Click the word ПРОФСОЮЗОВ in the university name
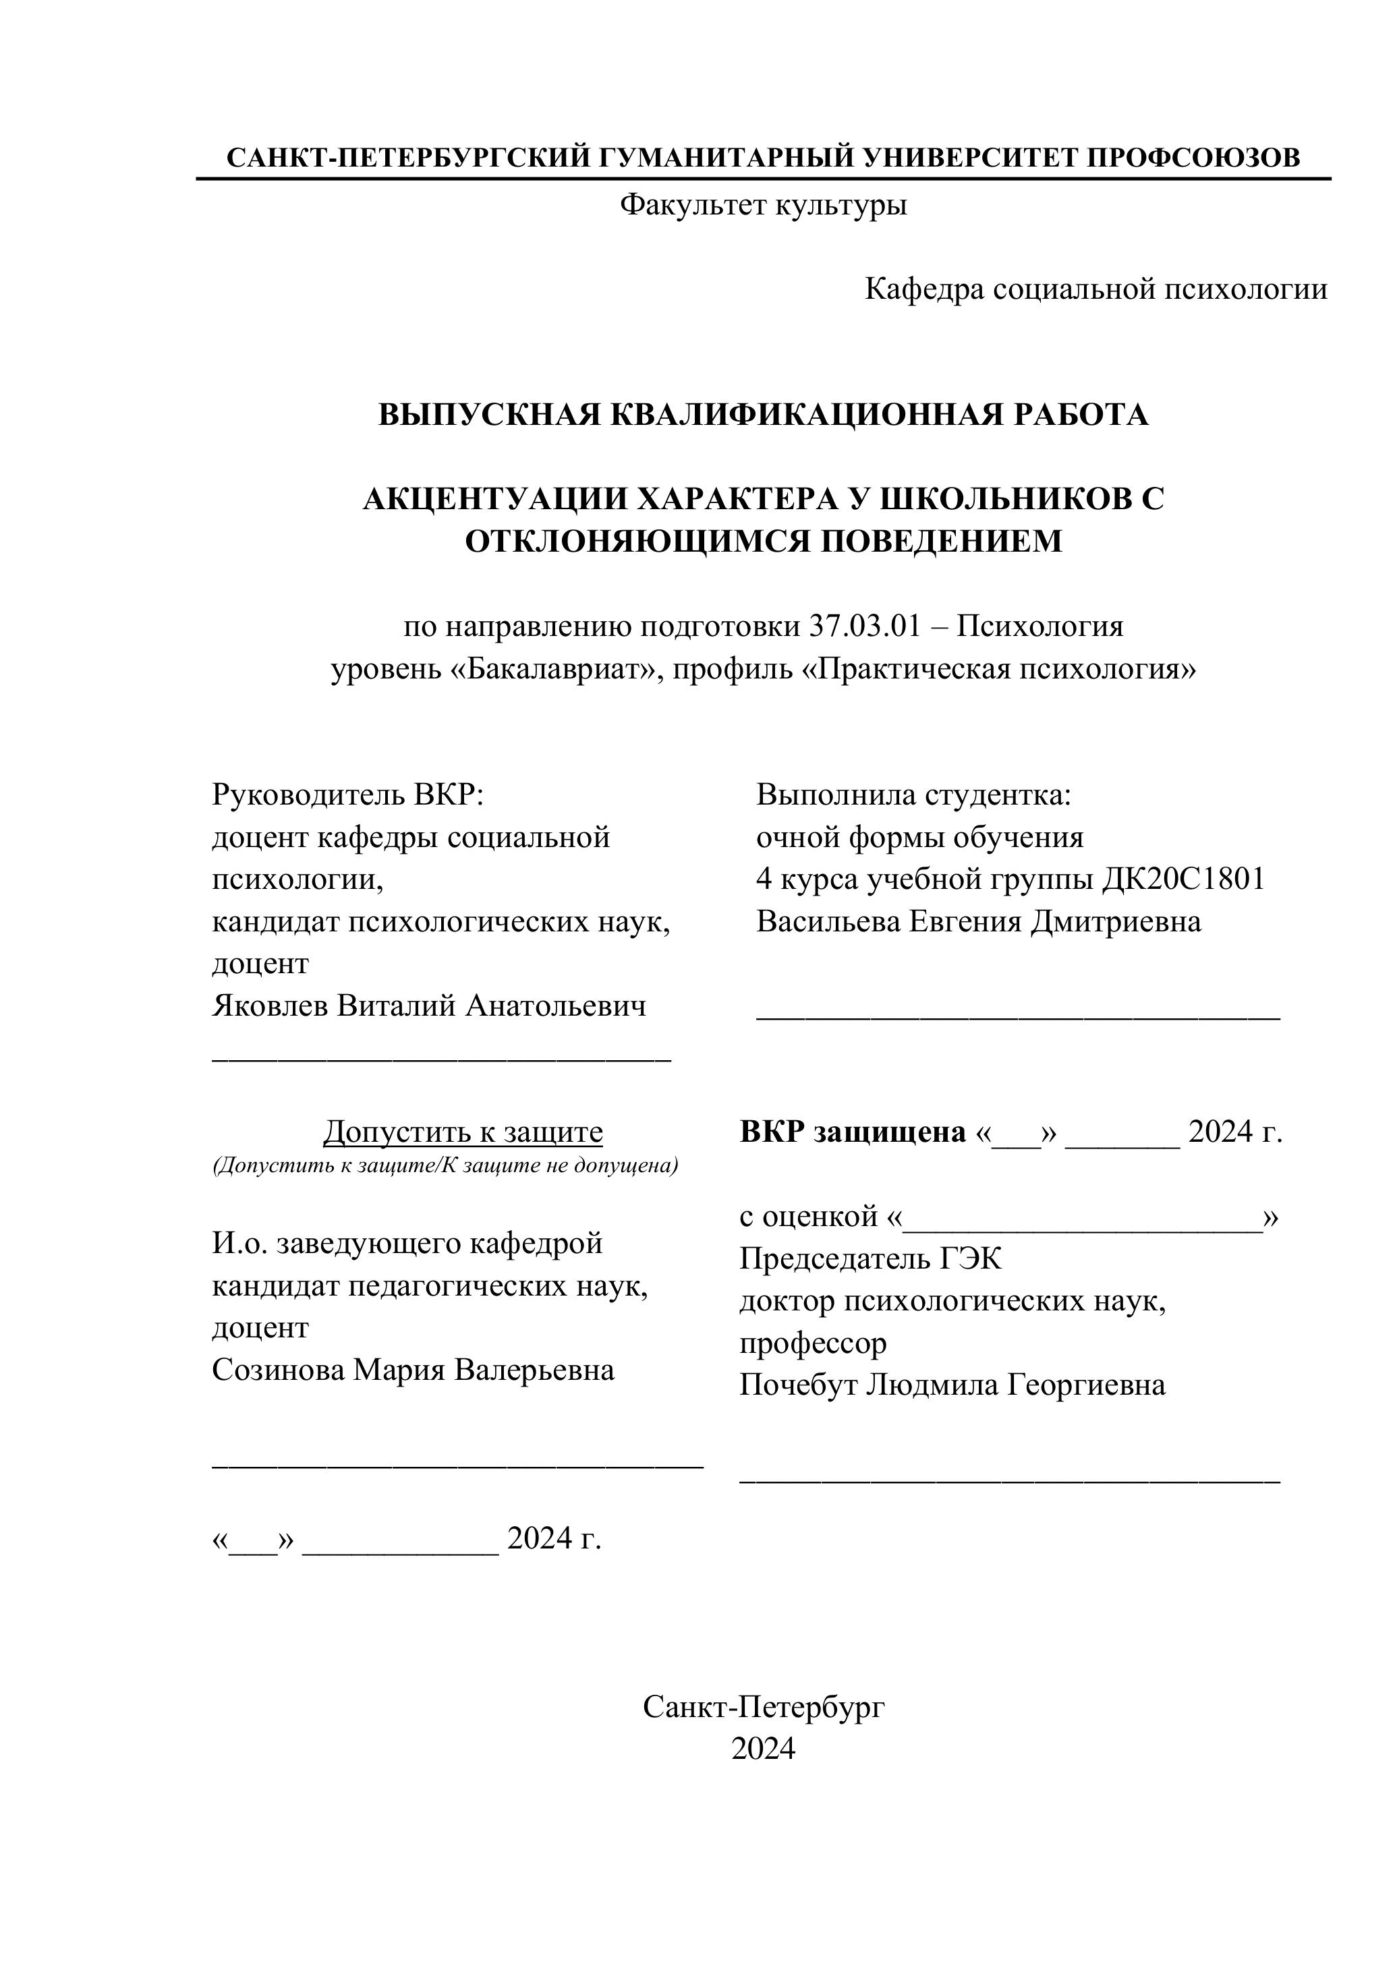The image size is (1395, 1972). (x=1193, y=158)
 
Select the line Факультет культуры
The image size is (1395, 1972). (x=763, y=204)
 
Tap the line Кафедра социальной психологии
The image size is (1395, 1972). (x=1095, y=289)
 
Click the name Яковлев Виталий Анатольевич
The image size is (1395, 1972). (x=428, y=1006)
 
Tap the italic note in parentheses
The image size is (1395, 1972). (x=445, y=1165)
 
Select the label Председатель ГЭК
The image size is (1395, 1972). (x=870, y=1259)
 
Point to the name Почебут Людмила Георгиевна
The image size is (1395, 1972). (x=952, y=1385)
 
